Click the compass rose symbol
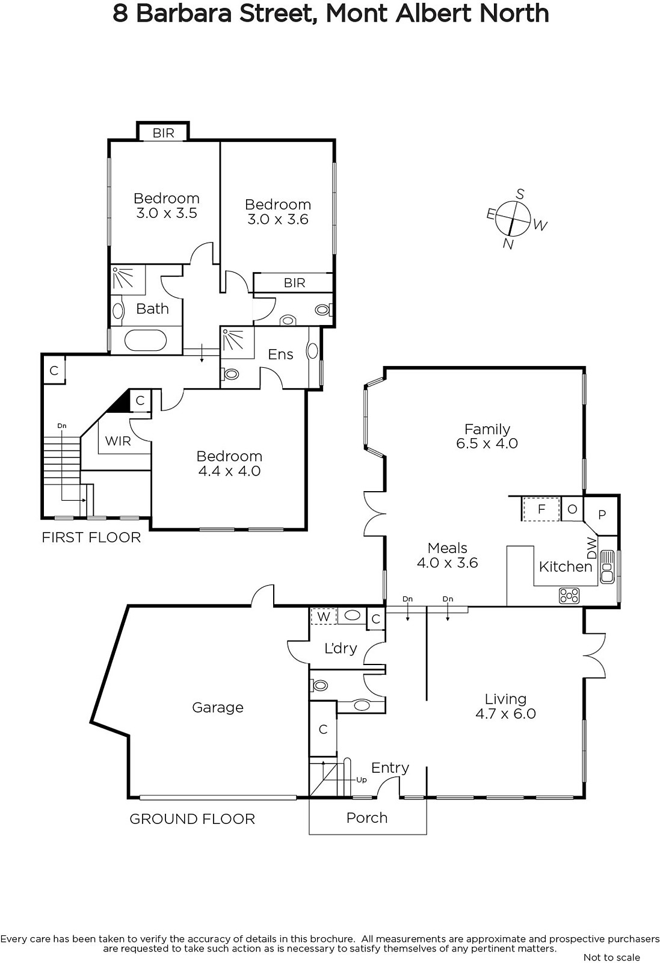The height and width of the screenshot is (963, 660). point(513,218)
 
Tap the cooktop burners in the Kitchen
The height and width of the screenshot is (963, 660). point(569,596)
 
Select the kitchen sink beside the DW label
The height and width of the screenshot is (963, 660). point(607,566)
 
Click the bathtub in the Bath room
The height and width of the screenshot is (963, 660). point(145,341)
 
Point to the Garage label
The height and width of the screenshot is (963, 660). point(217,707)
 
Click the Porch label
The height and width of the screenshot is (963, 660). point(367,817)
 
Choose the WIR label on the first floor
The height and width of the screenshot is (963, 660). point(118,441)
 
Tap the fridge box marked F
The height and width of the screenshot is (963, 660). point(541,509)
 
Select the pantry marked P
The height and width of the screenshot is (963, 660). point(602,515)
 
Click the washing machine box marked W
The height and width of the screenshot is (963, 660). point(324,617)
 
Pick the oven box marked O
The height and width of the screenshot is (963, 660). point(572,509)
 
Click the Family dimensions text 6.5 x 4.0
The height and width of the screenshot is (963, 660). point(487,443)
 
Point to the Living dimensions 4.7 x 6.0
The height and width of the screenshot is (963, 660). point(505,714)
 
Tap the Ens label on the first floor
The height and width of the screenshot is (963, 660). point(280,355)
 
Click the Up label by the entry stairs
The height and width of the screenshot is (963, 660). point(362,779)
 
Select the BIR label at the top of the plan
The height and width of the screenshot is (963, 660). point(163,133)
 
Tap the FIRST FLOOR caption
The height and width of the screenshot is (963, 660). point(91,537)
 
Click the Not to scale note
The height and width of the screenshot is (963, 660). point(611,957)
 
